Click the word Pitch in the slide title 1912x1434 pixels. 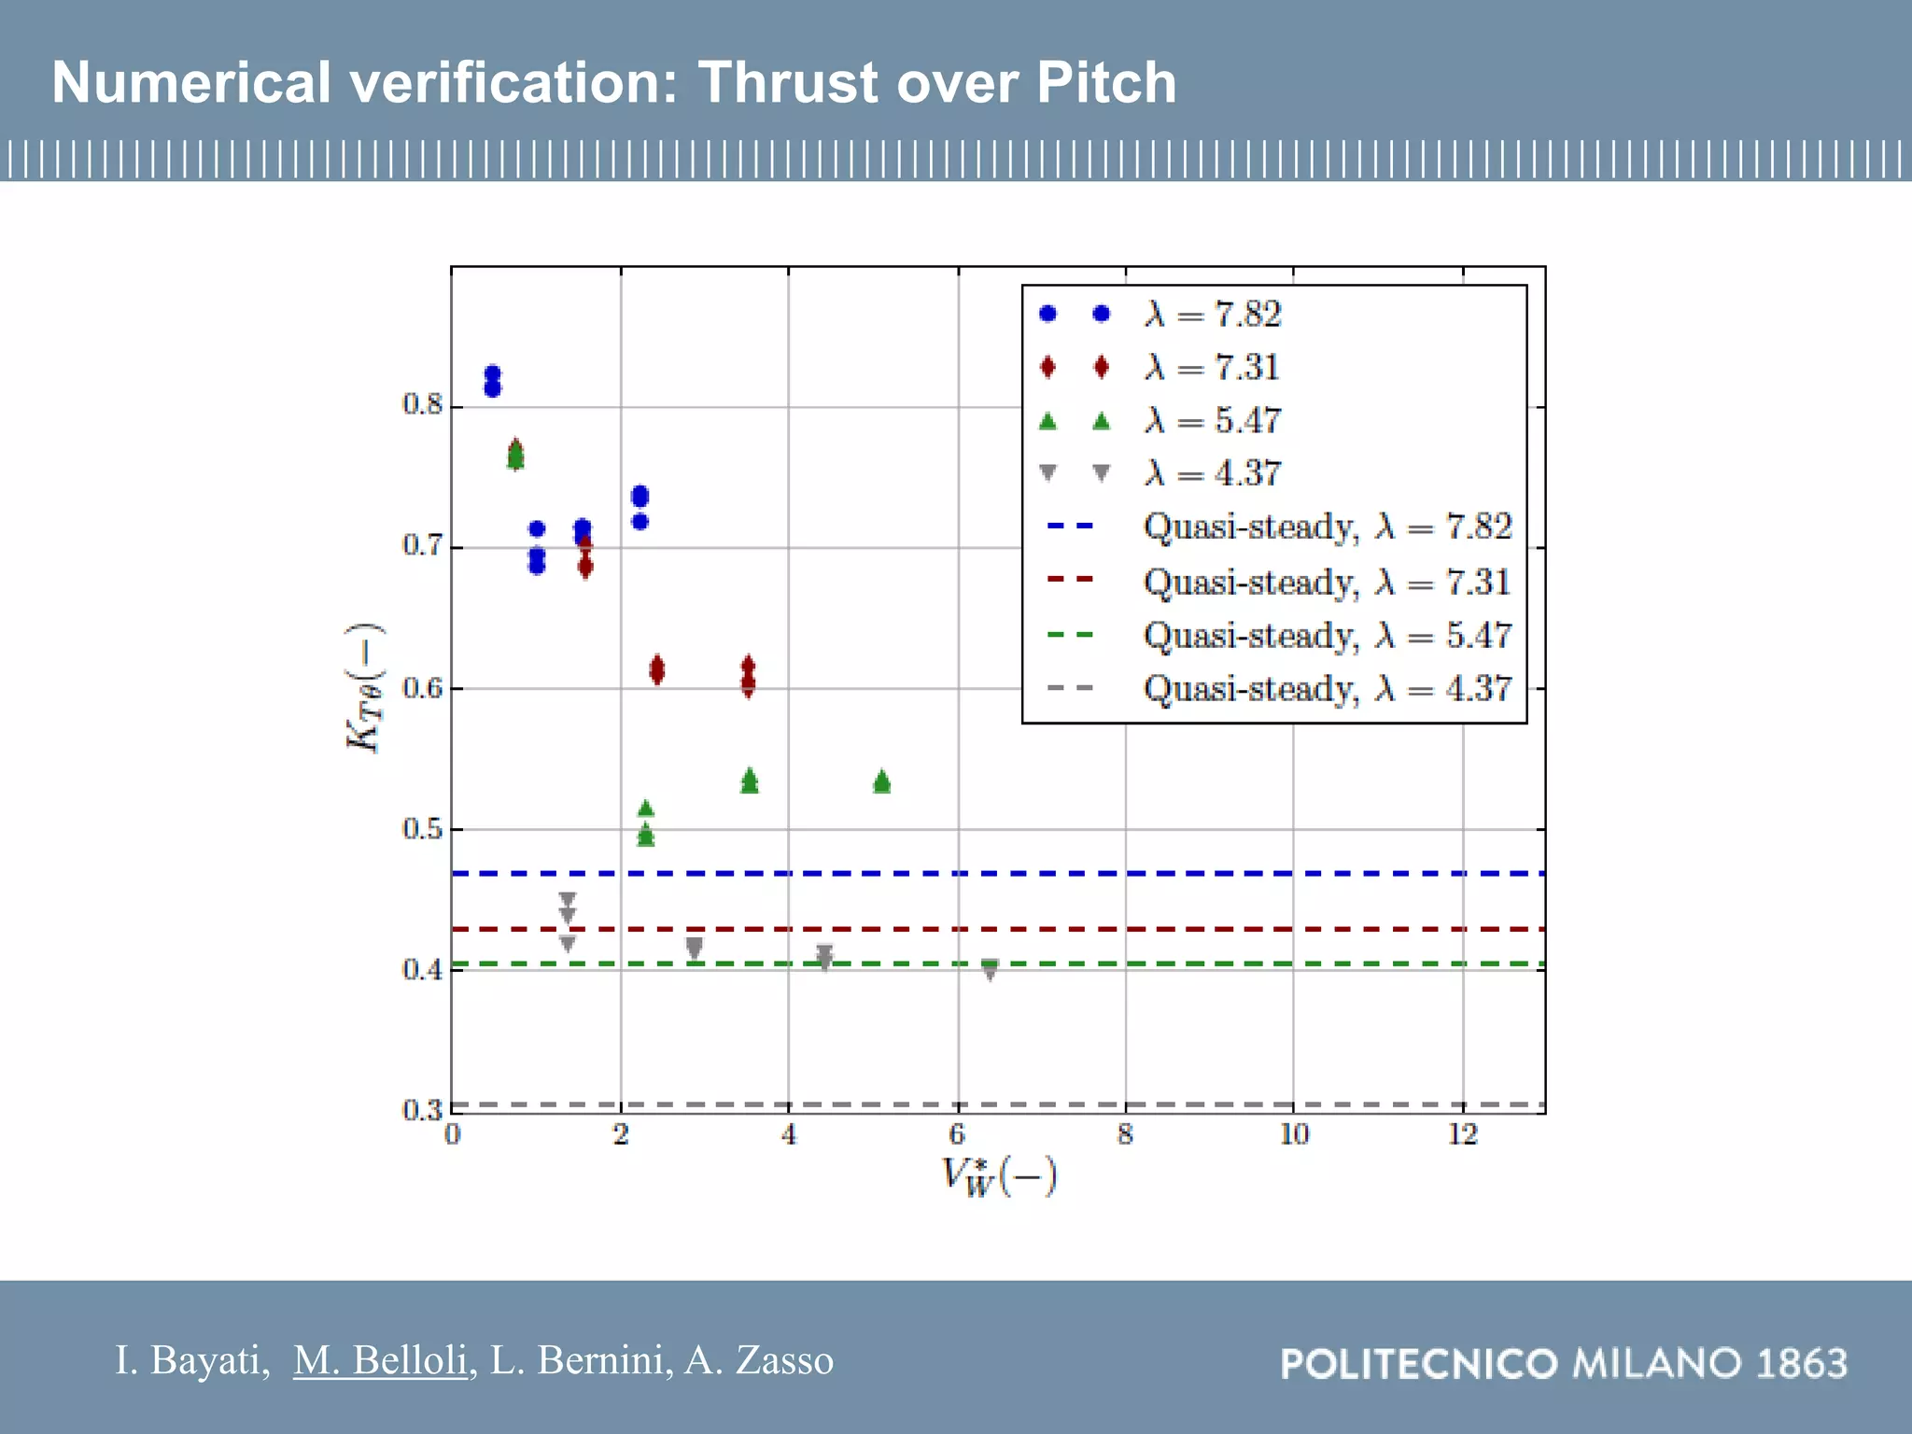[x=1106, y=82]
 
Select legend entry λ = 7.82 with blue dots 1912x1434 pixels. [x=1213, y=315]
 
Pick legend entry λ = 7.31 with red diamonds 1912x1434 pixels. [x=1213, y=368]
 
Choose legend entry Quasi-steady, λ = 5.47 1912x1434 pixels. [x=1326, y=636]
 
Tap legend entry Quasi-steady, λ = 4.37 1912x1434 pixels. [x=1326, y=689]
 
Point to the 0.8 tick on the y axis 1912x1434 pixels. [x=422, y=404]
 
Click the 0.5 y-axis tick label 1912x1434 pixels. [x=422, y=829]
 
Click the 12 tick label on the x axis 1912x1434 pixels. [x=1462, y=1134]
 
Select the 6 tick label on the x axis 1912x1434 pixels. [x=957, y=1134]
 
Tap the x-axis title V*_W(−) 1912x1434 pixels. [x=998, y=1176]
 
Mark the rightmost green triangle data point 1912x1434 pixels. [x=882, y=781]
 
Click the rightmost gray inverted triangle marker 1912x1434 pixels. [x=991, y=970]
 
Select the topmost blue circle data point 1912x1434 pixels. [x=493, y=373]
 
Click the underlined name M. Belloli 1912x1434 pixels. [x=380, y=1360]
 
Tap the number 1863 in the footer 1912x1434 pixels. [x=1802, y=1364]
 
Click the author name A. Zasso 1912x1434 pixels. [x=759, y=1360]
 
